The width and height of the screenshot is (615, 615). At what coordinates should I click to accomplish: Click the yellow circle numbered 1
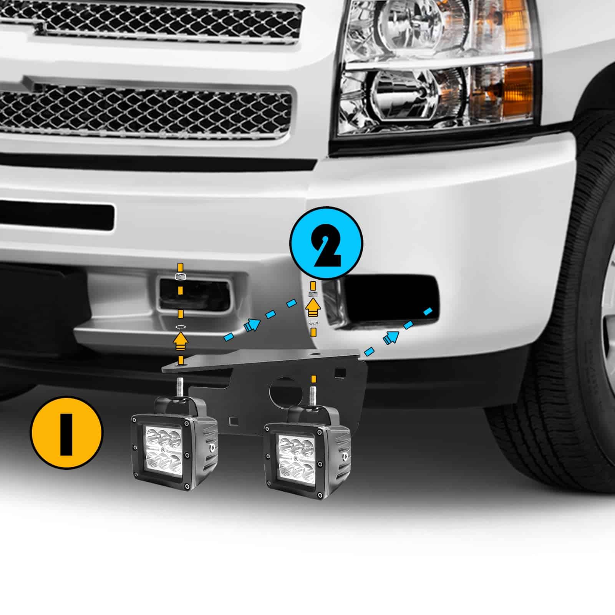click(66, 433)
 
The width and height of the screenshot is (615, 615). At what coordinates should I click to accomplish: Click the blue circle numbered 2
click(326, 243)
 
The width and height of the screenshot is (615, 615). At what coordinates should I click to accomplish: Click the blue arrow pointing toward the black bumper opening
click(391, 337)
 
